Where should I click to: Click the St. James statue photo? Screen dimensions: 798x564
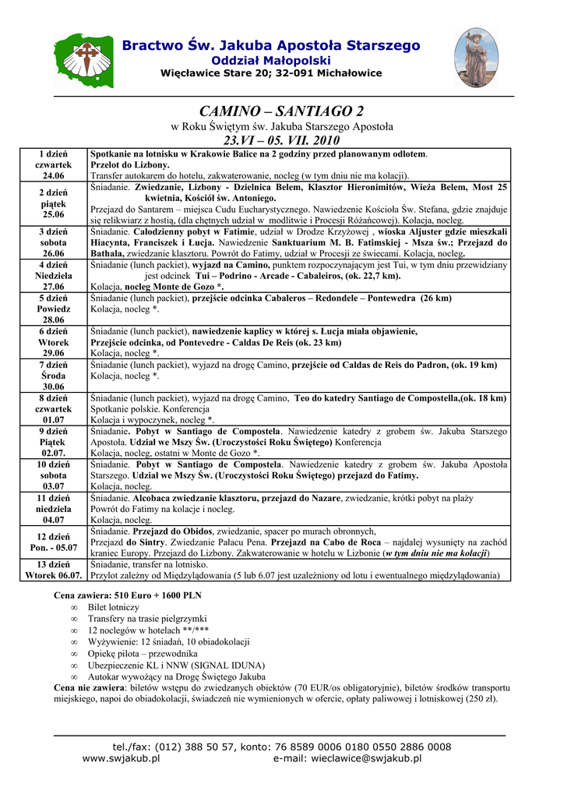pyautogui.click(x=476, y=58)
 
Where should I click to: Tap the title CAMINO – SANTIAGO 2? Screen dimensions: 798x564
pyautogui.click(x=282, y=111)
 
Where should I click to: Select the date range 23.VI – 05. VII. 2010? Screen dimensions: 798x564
pyautogui.click(x=282, y=140)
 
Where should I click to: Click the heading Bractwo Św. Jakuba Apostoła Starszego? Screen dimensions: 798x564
pyautogui.click(x=270, y=46)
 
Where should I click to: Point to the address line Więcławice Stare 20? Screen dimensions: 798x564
pyautogui.click(x=270, y=73)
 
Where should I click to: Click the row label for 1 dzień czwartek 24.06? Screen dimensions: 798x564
pyautogui.click(x=54, y=165)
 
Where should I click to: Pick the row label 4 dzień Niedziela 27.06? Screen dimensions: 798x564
pyautogui.click(x=54, y=276)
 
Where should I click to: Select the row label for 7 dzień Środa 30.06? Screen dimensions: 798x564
pyautogui.click(x=54, y=375)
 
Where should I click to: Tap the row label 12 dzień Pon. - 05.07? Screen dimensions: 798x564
pyautogui.click(x=54, y=542)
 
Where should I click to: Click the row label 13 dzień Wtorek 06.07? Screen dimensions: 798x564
pyautogui.click(x=54, y=570)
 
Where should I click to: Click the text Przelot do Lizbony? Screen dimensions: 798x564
pyautogui.click(x=129, y=165)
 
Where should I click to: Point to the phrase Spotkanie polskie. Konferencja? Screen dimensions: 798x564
pyautogui.click(x=150, y=408)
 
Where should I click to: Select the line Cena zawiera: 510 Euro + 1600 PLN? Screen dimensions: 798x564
pyautogui.click(x=127, y=595)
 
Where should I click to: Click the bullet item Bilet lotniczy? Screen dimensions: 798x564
pyautogui.click(x=113, y=607)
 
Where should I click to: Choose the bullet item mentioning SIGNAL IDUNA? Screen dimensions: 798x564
pyautogui.click(x=176, y=666)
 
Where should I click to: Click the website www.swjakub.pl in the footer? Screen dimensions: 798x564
pyautogui.click(x=121, y=758)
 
